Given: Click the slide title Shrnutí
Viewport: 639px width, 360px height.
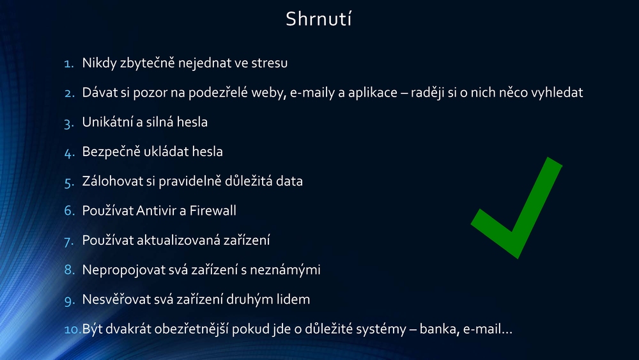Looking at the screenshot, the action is coord(318,19).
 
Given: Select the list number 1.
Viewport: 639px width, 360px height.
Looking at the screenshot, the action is coord(69,63).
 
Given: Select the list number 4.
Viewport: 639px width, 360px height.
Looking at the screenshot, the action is coord(69,152).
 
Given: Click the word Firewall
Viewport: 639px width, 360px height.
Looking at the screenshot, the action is coord(213,210).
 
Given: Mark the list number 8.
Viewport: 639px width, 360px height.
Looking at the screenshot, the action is coord(69,270).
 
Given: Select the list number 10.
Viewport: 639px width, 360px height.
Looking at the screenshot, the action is coord(73,329).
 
